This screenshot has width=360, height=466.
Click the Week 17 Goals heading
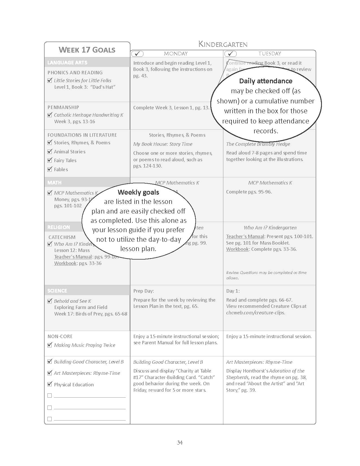[x=87, y=50]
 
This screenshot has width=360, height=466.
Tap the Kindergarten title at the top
[x=223, y=44]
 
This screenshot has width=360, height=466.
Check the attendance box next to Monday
[x=138, y=54]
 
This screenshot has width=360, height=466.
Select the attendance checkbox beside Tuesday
[x=230, y=54]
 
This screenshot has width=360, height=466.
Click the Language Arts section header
[x=67, y=63]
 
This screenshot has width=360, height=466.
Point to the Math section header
[x=54, y=183]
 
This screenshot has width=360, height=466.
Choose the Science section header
[x=57, y=291]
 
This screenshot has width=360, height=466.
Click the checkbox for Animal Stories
[x=50, y=152]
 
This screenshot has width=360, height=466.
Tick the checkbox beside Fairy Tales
[x=50, y=160]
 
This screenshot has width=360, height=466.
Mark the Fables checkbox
[x=50, y=169]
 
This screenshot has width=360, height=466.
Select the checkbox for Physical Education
[x=50, y=384]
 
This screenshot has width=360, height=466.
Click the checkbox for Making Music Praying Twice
[x=50, y=345]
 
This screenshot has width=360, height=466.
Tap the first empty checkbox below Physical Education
[x=50, y=396]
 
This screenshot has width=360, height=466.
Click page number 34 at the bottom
[x=180, y=443]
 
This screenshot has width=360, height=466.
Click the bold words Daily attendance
[x=266, y=81]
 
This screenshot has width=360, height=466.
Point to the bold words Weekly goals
[x=138, y=192]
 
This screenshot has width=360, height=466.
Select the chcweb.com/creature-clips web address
[x=256, y=313]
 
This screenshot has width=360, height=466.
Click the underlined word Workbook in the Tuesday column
[x=237, y=249]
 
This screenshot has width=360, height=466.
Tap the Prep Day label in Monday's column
[x=143, y=291]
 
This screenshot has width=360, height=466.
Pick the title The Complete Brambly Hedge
[x=258, y=144]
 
